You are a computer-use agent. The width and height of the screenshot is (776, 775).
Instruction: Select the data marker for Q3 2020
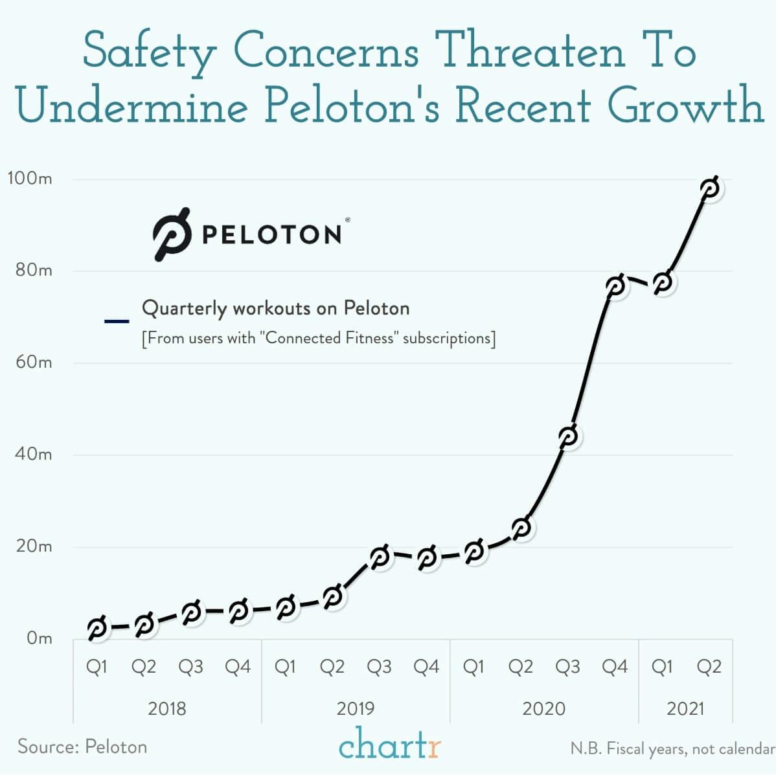click(x=568, y=436)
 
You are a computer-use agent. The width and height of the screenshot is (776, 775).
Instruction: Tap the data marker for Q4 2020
click(x=615, y=285)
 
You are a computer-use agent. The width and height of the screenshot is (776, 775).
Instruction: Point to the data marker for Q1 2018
click(x=97, y=627)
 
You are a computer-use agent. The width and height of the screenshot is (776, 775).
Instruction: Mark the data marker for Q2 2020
click(x=521, y=528)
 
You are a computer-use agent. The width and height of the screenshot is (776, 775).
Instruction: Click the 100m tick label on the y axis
click(x=30, y=178)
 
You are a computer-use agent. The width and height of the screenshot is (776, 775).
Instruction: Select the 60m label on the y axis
click(x=34, y=362)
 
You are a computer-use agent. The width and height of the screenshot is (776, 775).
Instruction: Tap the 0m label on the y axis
click(x=39, y=638)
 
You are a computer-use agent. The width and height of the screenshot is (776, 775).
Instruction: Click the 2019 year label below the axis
click(x=355, y=708)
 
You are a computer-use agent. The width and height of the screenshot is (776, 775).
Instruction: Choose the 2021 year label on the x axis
click(x=685, y=708)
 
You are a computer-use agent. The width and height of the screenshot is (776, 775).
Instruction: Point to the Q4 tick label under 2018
click(x=238, y=667)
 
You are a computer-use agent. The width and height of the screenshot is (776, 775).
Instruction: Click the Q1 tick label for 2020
click(x=474, y=667)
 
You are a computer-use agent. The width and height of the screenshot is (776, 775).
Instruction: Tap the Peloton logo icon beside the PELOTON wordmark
click(x=172, y=234)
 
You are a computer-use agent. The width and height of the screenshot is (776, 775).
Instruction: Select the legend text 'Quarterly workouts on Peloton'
click(x=275, y=308)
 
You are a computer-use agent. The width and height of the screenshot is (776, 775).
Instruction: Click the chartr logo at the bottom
click(x=389, y=745)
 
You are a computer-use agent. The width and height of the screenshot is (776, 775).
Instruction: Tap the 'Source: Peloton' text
click(x=82, y=747)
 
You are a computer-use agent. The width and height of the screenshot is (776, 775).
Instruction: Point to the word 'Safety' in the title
click(x=149, y=52)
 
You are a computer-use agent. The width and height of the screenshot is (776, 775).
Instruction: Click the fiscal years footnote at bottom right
click(x=672, y=748)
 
